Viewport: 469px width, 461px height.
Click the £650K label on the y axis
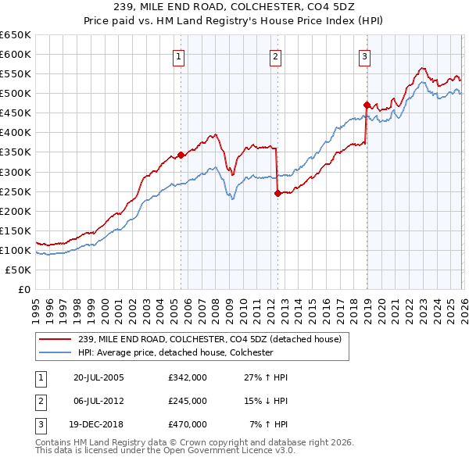click(16, 35)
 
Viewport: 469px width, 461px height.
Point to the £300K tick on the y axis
click(16, 172)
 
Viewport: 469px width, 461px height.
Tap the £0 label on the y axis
click(23, 289)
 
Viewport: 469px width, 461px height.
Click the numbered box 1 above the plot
click(179, 56)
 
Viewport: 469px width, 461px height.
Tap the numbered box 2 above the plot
click(276, 56)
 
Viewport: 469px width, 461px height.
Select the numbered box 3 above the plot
click(364, 56)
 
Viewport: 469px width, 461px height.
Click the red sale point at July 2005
click(181, 155)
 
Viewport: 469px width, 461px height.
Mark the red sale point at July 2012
click(277, 193)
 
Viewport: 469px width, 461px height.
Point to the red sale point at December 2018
click(366, 104)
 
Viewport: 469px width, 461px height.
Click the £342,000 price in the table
click(188, 377)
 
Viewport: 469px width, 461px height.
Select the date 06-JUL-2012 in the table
click(98, 400)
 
